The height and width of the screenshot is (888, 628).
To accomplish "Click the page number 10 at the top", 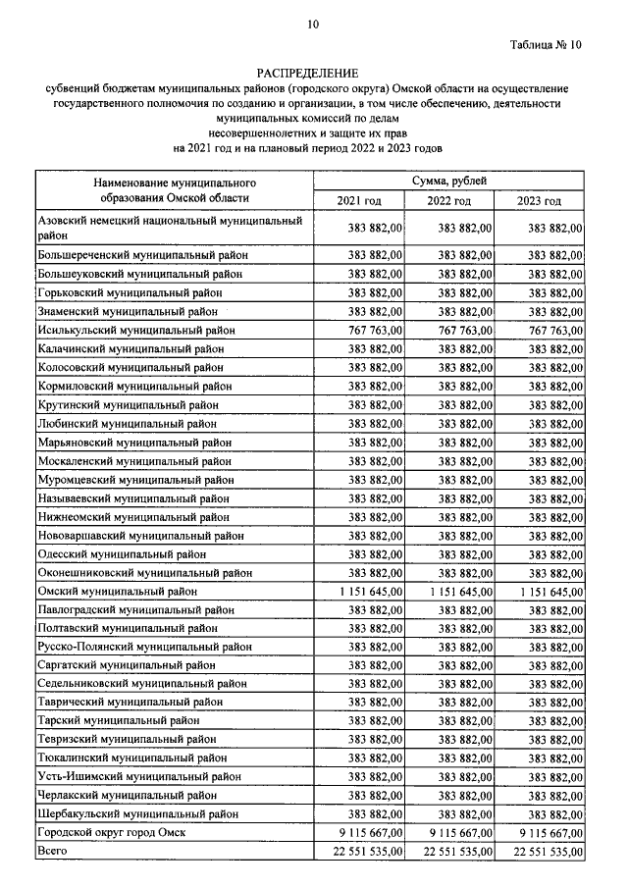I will pos(313,24).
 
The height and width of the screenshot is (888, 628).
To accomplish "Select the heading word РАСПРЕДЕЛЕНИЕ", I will pos(308,74).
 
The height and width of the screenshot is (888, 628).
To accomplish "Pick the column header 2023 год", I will pos(539,201).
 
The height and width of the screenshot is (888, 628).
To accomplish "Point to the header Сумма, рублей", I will pos(449,181).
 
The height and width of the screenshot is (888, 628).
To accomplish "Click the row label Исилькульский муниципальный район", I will pos(135,331).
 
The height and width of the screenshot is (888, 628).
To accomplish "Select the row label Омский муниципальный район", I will pos(117,592).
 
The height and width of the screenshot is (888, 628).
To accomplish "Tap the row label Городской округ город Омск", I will pos(111,832).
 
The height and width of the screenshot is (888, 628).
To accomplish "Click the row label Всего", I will pos(52,851).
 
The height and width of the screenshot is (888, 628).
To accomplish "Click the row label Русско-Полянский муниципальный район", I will pos(144,647).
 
